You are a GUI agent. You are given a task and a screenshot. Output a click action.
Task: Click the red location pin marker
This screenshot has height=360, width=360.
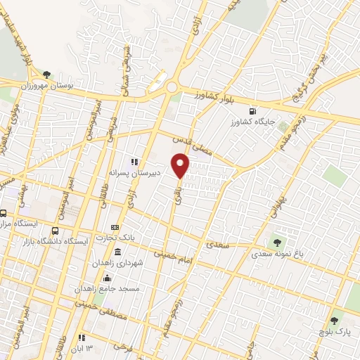(181, 167)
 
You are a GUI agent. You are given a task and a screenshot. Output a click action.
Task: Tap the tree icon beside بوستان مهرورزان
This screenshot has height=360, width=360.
(47, 74)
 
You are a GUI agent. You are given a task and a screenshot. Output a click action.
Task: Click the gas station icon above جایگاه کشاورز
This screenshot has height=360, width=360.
(252, 111)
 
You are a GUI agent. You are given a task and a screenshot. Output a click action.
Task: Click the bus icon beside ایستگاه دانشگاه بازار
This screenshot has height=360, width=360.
(55, 231)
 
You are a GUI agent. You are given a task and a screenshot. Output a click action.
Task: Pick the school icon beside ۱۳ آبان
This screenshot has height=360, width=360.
(83, 337)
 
